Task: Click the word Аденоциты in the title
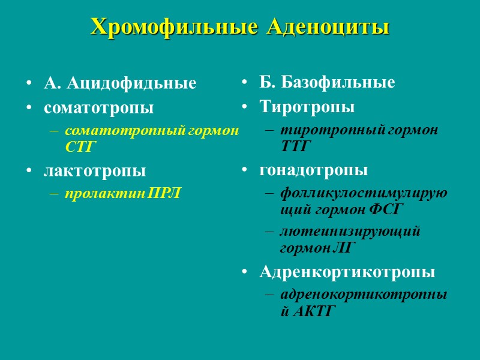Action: click(328, 26)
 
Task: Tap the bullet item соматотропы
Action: click(98, 109)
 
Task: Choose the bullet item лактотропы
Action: click(95, 171)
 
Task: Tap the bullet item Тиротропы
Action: click(307, 108)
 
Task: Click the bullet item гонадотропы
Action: click(314, 170)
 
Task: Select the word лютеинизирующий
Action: click(350, 231)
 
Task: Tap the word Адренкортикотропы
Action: click(347, 272)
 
